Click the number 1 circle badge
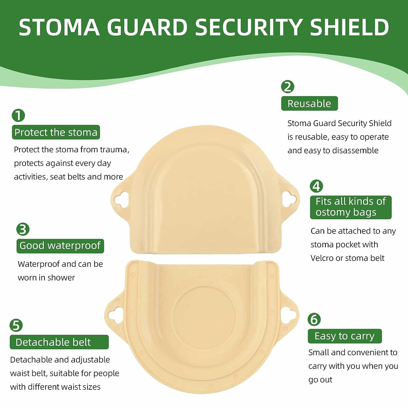pos(18,115)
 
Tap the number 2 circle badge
pos(288,86)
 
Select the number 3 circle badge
pos(23,229)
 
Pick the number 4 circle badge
pos(316,186)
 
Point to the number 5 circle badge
pos(16,325)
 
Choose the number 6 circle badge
pos(314,319)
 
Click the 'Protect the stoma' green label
pos(56,132)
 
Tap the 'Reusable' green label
pos(309,103)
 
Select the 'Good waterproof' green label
pos(60,246)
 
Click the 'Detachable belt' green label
pos(59,342)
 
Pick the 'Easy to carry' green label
pos(345,336)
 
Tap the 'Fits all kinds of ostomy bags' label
pos(351,207)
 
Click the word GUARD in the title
pos(147,27)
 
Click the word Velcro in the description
pos(322,258)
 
